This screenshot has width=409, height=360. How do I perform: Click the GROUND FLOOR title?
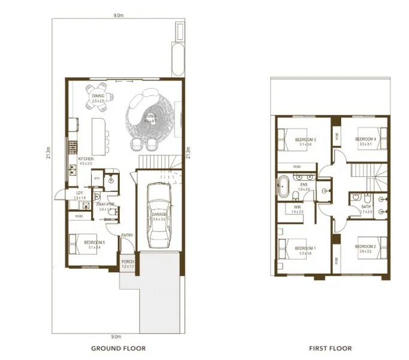[x=118, y=348]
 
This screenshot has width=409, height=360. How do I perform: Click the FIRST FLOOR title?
[x=331, y=348]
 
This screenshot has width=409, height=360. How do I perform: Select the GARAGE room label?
[x=159, y=214]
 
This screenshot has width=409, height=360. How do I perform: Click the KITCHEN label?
[x=86, y=159]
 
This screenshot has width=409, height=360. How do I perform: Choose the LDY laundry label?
[x=79, y=193]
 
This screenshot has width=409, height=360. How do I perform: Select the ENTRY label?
[x=127, y=235]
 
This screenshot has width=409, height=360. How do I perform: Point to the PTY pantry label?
[x=95, y=178]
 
